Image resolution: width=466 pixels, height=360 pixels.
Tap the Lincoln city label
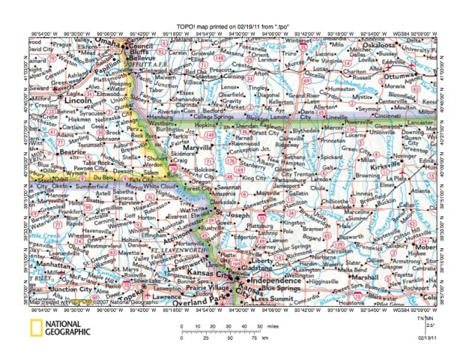[63, 100]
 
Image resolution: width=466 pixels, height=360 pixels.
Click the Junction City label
[52, 288]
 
